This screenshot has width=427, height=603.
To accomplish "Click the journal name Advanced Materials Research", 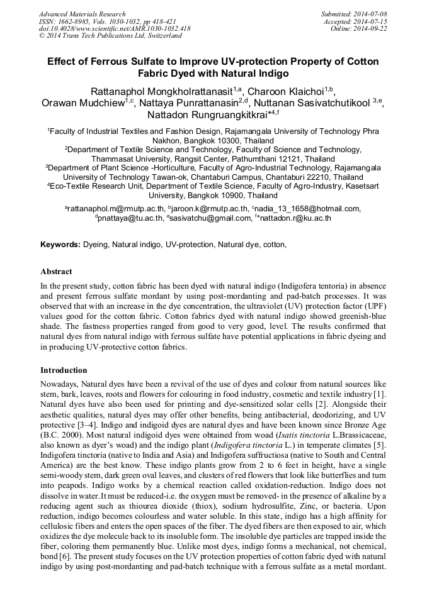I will pyautogui.click(x=82, y=14).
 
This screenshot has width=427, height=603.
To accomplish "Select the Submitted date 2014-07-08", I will pyautogui.click(x=371, y=14).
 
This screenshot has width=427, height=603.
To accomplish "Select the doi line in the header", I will pyautogui.click(x=115, y=29).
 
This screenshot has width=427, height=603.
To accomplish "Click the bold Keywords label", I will pyautogui.click(x=60, y=244).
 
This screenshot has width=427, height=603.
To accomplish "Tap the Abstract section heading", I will pyautogui.click(x=56, y=272).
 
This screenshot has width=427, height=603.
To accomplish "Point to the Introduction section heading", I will pyautogui.click(x=64, y=370).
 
